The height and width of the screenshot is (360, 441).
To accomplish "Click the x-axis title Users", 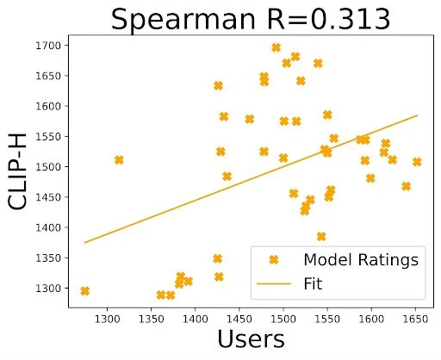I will coord(250,339).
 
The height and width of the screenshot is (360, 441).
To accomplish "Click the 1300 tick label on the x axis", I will coord(107,317).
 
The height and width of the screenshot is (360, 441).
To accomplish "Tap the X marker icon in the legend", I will coord(274,259).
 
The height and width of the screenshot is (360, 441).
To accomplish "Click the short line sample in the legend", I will coord(274,282).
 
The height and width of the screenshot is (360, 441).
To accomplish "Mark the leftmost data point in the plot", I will coord(84,291).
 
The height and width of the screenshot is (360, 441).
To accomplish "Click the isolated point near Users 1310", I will coord(119,160).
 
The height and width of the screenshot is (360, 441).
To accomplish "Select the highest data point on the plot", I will coord(276,48).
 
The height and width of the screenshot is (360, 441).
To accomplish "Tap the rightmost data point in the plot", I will coord(417,162).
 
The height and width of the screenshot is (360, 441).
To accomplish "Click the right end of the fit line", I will coord(418,115).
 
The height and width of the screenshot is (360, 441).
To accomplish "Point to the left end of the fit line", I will coord(84,243).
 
